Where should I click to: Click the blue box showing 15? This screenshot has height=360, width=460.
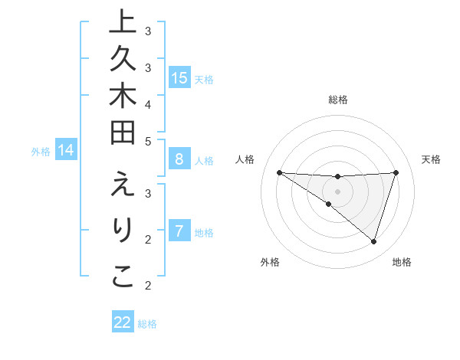(179, 78)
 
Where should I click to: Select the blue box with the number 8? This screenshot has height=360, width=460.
(179, 160)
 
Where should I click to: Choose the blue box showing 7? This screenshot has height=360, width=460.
(179, 231)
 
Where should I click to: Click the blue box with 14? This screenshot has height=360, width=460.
(67, 151)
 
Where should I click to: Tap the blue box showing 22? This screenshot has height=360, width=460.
(123, 322)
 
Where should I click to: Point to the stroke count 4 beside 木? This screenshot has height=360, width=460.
(148, 104)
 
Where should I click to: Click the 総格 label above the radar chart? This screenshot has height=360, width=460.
(338, 100)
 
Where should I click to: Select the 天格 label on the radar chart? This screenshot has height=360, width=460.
(431, 159)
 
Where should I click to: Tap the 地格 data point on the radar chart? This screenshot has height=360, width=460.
(373, 242)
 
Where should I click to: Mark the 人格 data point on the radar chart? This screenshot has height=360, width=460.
(279, 172)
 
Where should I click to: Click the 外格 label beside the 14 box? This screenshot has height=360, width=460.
(41, 152)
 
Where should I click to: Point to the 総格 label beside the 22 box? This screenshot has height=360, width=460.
(147, 324)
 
